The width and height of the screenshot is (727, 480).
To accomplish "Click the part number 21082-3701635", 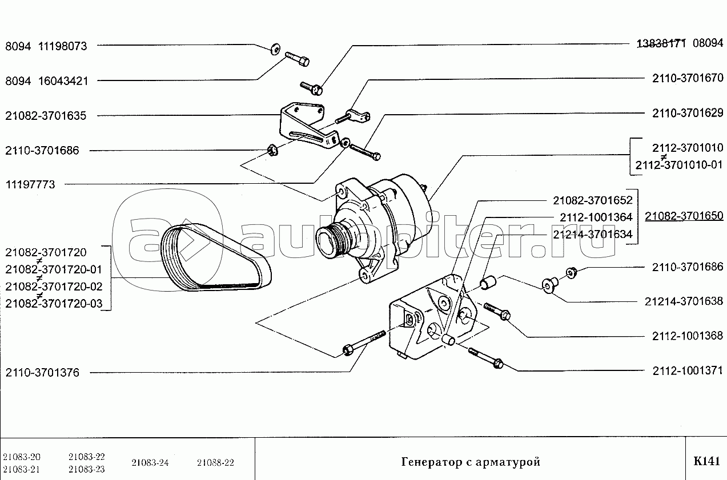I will coord(46,116).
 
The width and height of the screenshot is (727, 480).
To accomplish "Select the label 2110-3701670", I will coord(688,78).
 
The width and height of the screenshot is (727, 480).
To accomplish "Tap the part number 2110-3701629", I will coord(688,114).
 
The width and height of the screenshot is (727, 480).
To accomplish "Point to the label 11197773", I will coord(30,185).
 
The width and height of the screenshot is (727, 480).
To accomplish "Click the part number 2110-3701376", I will coord(42,373).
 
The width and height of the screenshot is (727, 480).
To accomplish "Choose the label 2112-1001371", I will coord(688,371).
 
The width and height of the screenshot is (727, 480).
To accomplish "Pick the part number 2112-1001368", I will coord(688,336).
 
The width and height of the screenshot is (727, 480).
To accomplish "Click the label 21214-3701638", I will coord(684,301).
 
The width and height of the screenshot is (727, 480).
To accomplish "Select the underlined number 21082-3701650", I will coord(684,216).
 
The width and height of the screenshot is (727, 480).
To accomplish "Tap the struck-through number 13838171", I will coord(661,43).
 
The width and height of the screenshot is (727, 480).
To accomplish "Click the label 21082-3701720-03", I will coord(54,304).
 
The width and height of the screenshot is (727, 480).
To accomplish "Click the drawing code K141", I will coord(706,462).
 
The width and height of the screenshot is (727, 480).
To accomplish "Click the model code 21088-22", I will coord(215,463).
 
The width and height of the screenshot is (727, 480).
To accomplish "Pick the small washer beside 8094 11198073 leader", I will coord(275,47).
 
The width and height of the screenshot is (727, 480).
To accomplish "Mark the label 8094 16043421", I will coord(46,81).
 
